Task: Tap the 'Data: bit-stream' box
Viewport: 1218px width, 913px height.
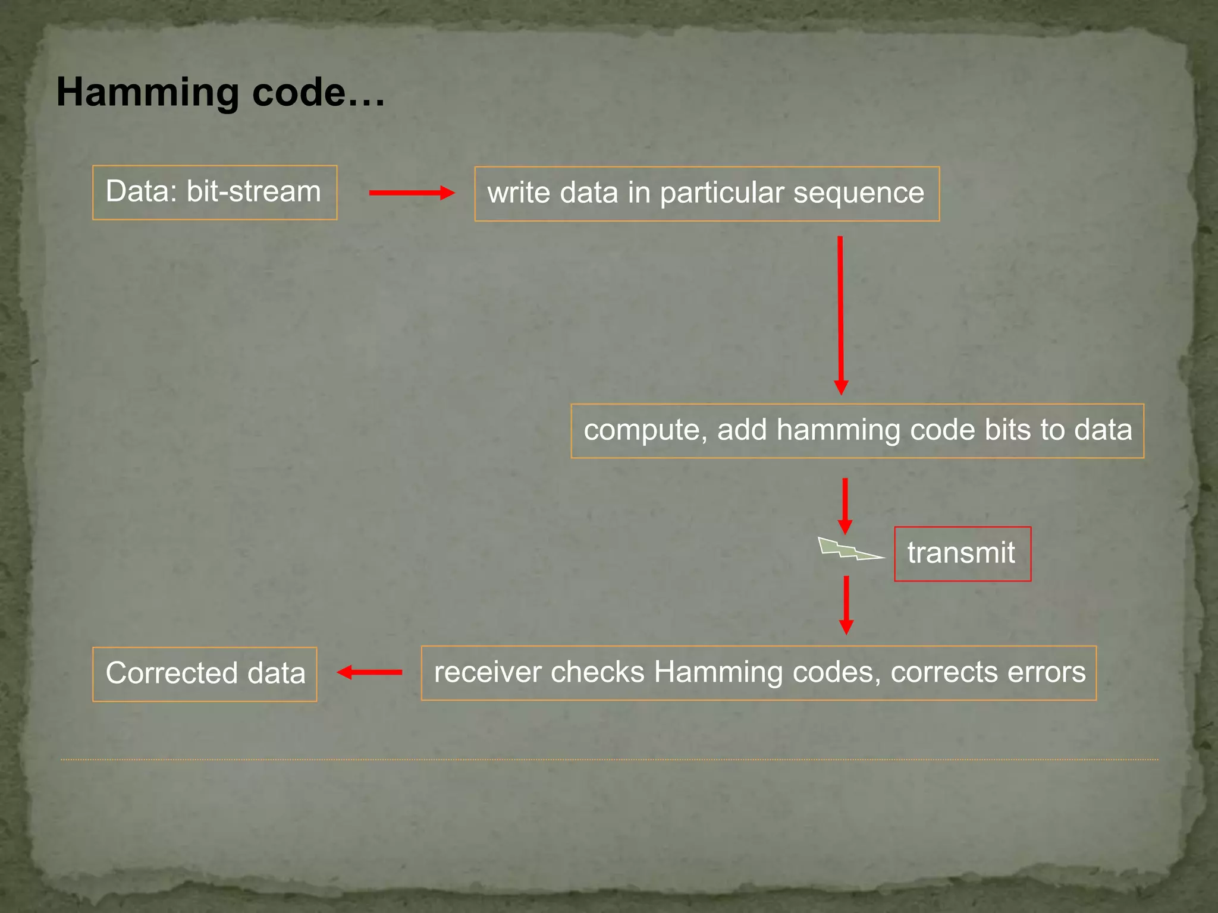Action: click(x=214, y=192)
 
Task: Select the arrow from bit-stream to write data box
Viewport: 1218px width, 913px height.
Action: click(x=411, y=193)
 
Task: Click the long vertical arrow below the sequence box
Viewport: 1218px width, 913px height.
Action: click(x=840, y=315)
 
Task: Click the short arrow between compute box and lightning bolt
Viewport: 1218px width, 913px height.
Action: click(x=845, y=505)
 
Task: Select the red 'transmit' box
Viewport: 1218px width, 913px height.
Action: click(x=962, y=553)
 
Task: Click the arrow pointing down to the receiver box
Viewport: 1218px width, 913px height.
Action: click(x=846, y=605)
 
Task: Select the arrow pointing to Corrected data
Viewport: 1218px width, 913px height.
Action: click(x=369, y=672)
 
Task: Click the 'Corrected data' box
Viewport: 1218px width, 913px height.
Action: click(x=205, y=673)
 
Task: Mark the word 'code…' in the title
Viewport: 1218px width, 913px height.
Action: click(x=318, y=93)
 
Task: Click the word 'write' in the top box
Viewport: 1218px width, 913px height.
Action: click(x=518, y=193)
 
